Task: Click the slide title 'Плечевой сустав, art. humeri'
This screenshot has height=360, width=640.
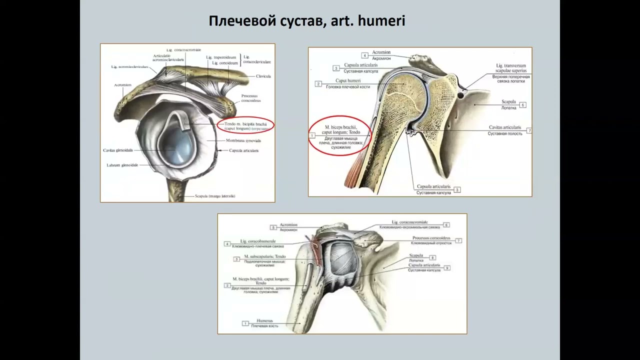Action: tap(306, 21)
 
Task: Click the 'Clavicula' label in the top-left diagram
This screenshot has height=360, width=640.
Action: tap(263, 76)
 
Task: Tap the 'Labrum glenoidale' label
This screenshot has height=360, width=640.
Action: tap(122, 165)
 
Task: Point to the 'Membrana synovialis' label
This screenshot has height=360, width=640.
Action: tap(240, 141)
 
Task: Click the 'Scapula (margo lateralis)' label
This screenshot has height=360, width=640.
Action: tap(215, 196)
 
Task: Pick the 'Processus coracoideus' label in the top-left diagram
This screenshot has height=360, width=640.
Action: tap(251, 98)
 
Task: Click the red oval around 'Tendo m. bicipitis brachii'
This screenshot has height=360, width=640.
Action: tap(245, 126)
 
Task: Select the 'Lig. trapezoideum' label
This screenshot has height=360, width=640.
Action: tap(221, 57)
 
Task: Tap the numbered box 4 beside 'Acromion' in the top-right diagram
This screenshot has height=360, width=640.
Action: tap(365, 55)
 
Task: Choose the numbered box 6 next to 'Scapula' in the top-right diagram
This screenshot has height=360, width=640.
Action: tap(522, 105)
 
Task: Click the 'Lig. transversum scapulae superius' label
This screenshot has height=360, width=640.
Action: tap(510, 68)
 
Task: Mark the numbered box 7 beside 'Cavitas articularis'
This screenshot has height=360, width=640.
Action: tap(529, 130)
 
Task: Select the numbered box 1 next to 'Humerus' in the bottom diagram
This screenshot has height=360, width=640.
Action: tap(245, 323)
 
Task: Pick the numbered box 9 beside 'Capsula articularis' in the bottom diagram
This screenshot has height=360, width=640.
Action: tap(447, 268)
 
